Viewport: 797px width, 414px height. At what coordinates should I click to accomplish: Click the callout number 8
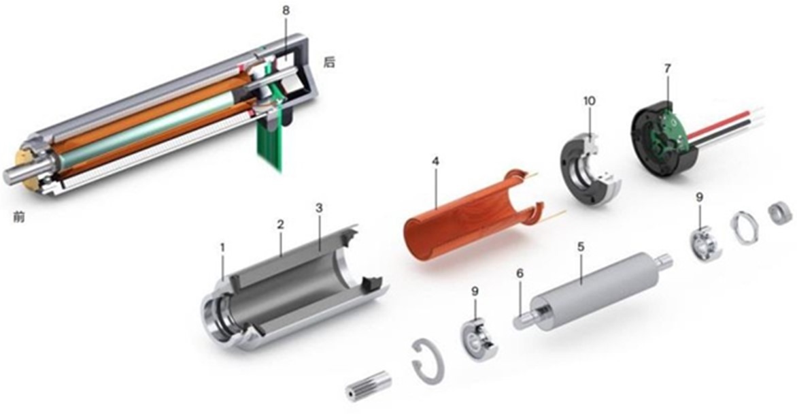tap(286, 10)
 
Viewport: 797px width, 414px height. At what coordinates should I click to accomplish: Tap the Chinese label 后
tap(329, 62)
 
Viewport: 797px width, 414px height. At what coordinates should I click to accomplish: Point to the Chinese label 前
tap(19, 217)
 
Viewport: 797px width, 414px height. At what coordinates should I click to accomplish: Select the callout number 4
tap(435, 161)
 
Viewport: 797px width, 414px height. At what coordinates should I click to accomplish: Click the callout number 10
tap(590, 101)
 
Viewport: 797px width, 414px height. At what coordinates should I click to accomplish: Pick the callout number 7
tap(667, 68)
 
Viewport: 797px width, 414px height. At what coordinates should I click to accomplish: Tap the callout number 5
tap(581, 246)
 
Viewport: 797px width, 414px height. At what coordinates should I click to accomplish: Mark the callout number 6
tap(520, 274)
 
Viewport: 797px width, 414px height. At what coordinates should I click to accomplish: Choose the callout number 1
tap(222, 247)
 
